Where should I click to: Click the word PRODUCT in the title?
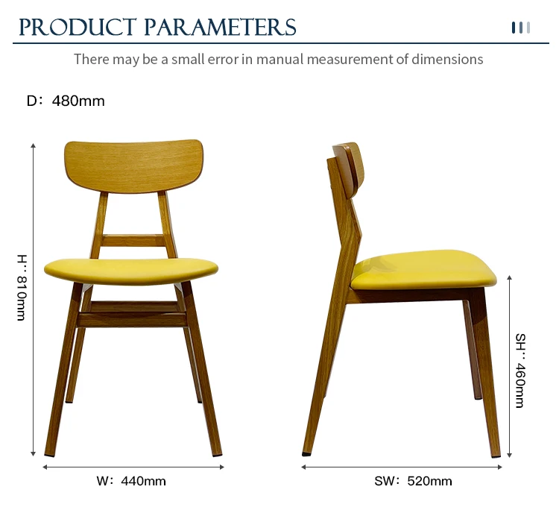[78, 28]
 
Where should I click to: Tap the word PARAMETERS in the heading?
[221, 28]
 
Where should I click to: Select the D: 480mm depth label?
[66, 101]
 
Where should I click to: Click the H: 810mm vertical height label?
[22, 288]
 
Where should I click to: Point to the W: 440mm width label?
[131, 481]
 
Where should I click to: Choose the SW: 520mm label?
[413, 481]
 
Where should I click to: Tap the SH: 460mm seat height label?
[520, 371]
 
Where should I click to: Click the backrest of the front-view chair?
[133, 166]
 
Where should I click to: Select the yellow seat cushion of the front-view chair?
[131, 271]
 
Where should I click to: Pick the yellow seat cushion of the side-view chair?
[423, 270]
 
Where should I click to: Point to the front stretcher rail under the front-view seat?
[132, 320]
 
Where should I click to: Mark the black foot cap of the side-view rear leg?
[306, 454]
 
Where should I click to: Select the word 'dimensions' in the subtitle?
[447, 59]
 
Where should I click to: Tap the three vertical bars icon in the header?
[521, 28]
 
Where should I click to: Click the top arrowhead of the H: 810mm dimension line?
[33, 145]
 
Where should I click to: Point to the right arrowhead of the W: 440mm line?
[222, 467]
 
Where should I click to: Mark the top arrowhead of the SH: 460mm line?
[510, 277]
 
